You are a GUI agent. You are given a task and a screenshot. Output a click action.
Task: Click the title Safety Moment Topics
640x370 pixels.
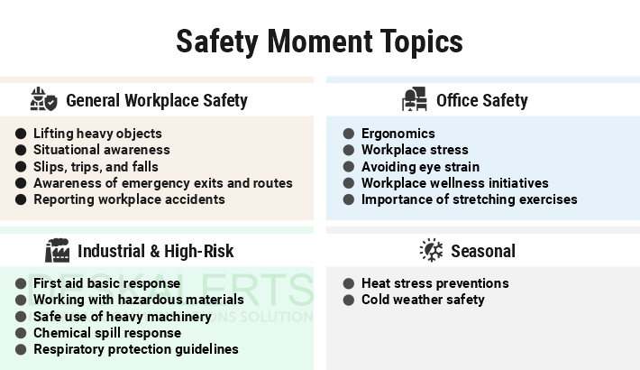(319, 41)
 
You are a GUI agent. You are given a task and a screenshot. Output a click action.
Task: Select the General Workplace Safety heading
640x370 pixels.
(156, 100)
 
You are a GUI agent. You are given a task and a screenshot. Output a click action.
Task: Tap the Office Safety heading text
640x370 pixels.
(481, 100)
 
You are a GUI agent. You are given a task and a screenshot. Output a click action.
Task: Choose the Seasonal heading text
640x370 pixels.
(482, 251)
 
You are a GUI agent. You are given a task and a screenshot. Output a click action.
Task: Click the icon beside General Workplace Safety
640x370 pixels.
(43, 99)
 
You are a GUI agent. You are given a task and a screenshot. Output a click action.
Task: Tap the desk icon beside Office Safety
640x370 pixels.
(414, 99)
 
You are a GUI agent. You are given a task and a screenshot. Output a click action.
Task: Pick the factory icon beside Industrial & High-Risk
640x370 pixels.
(57, 250)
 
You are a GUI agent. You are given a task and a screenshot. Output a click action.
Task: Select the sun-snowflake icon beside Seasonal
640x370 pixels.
(432, 250)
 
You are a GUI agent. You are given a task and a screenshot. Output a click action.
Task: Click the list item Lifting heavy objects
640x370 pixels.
(97, 134)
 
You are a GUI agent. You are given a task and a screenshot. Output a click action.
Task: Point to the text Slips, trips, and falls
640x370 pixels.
(96, 167)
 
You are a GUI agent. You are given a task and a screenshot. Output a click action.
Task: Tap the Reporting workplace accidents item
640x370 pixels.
(129, 199)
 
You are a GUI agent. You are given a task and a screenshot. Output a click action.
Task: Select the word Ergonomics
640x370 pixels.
(398, 134)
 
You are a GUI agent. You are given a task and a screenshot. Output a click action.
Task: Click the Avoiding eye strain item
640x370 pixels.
(420, 167)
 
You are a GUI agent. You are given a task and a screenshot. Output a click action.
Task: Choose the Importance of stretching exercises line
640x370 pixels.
(469, 199)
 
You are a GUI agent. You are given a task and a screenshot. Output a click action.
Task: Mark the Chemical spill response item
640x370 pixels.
(107, 333)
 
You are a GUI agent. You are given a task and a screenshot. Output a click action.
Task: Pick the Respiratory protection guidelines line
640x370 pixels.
(136, 349)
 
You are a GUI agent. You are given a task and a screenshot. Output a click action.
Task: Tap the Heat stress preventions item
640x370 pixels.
(434, 283)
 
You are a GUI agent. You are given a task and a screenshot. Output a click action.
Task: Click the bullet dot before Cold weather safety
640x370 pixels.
(348, 300)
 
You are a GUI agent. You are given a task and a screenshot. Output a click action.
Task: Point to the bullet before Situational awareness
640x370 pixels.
(21, 150)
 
